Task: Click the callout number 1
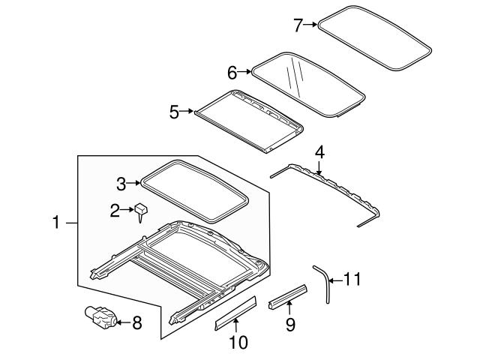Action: [56, 223]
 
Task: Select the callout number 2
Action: [115, 211]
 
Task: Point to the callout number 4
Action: [320, 152]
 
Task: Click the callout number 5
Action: [174, 112]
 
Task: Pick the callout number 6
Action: [232, 72]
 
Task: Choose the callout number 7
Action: [298, 25]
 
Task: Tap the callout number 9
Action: [290, 324]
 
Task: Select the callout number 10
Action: [237, 343]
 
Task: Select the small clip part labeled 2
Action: [140, 211]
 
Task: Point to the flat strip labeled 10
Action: [235, 312]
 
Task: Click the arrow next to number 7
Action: [311, 25]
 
